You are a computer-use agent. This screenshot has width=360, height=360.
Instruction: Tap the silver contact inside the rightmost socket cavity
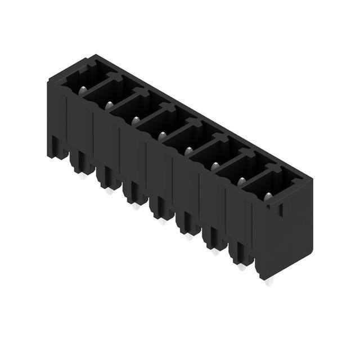[268, 195]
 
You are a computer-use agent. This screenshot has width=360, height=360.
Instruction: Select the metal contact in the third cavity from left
[135, 119]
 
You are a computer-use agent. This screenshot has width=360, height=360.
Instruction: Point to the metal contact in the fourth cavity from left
[161, 134]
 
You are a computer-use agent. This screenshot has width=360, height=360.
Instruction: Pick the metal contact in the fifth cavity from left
[188, 150]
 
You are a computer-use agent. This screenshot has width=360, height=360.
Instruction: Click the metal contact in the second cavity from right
[241, 180]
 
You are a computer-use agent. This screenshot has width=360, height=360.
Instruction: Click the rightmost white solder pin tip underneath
[268, 282]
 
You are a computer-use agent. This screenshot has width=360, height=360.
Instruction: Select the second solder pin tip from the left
[109, 191]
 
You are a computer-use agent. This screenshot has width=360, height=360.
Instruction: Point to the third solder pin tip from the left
[136, 206]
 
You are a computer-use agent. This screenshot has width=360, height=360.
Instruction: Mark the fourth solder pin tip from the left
[163, 222]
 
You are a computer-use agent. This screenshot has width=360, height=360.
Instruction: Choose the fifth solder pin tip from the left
[189, 237]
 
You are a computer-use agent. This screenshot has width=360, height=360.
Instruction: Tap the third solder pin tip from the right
[215, 252]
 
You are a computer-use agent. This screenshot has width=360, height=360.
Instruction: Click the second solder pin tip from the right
[242, 267]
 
